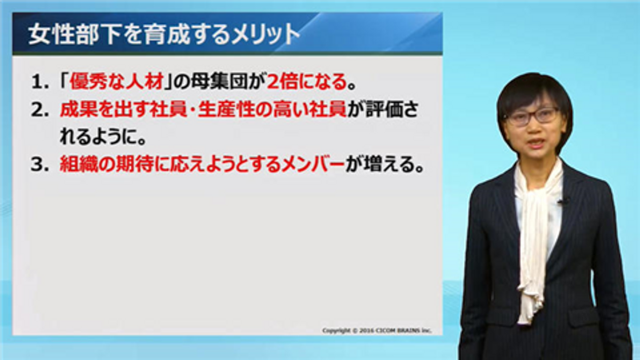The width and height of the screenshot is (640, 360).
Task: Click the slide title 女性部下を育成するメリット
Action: [164, 34]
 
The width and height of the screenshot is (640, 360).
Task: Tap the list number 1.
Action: [39, 82]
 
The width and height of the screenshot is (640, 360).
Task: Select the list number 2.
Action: [39, 110]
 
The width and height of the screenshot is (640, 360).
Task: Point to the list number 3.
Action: [39, 165]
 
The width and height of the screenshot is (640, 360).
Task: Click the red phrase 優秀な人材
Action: [116, 82]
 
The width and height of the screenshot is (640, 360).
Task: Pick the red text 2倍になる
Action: [307, 82]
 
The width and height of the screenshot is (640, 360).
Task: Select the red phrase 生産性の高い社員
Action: [272, 110]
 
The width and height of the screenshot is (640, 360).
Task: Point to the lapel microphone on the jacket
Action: [564, 202]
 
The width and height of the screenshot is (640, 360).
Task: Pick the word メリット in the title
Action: [265, 34]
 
